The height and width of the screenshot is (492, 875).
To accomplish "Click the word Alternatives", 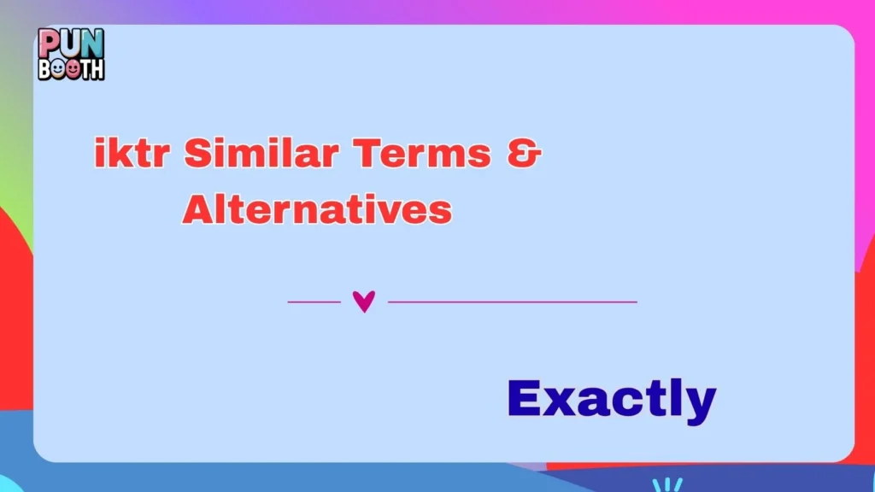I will click(317, 209).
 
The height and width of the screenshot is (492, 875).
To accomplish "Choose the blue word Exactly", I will click(611, 399).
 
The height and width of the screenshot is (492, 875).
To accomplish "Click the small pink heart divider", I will click(364, 302).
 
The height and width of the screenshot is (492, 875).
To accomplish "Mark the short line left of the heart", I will click(314, 302).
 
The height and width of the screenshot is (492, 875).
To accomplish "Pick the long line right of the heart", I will click(513, 302).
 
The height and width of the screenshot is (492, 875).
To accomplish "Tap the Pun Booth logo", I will click(71, 54).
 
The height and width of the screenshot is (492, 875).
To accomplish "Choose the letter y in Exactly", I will click(698, 403).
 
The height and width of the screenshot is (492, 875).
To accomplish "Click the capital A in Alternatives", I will click(197, 209).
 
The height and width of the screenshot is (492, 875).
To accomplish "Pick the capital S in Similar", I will click(197, 155).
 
